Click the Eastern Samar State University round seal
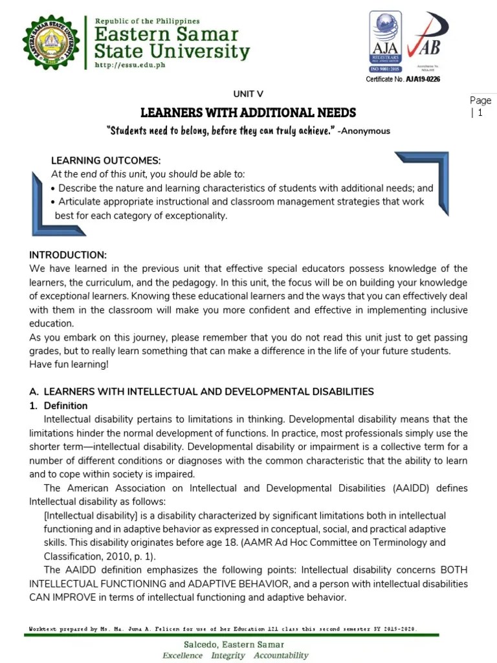(55, 43)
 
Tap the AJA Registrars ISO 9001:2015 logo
(386, 41)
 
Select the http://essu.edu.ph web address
(129, 65)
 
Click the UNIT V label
(248, 95)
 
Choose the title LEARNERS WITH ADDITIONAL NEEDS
(248, 113)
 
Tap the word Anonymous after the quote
(366, 131)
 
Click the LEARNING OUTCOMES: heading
(105, 161)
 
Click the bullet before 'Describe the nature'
(53, 188)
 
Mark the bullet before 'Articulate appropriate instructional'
(53, 202)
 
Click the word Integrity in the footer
(228, 655)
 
